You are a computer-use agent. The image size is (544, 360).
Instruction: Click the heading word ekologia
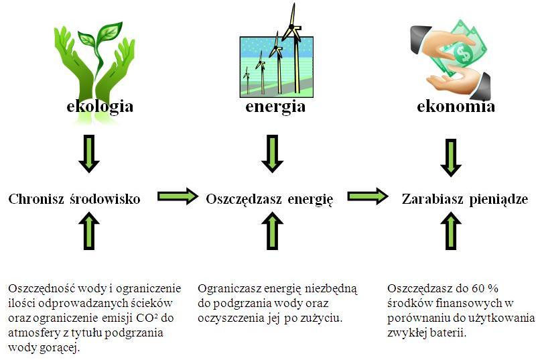click(x=100, y=107)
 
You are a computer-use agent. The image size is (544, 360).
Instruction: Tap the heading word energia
click(x=275, y=107)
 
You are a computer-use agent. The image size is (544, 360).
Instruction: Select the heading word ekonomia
click(x=456, y=106)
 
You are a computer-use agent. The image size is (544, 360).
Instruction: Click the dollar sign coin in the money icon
click(x=463, y=54)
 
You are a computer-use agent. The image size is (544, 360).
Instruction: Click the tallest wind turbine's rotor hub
click(x=292, y=26)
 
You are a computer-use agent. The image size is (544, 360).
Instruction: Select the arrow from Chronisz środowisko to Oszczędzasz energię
click(x=178, y=196)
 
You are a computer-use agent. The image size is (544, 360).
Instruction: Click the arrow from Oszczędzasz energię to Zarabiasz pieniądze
click(x=368, y=196)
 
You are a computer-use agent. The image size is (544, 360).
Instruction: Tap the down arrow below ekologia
click(x=89, y=154)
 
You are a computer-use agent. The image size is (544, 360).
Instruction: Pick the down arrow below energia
click(x=273, y=154)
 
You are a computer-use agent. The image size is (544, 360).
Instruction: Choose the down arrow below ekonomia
click(x=451, y=158)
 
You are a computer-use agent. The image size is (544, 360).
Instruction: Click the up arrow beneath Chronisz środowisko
click(x=89, y=231)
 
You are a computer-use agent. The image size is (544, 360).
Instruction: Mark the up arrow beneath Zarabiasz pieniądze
click(x=451, y=231)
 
